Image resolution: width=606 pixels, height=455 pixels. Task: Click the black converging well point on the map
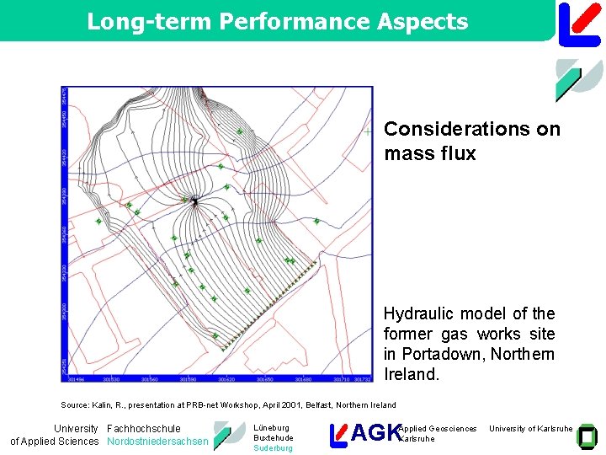[x=194, y=201]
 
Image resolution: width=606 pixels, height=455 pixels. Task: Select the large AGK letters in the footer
[x=375, y=433]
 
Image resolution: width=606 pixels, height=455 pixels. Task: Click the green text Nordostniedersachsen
[x=157, y=442]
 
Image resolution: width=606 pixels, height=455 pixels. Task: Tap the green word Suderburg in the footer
[x=274, y=448]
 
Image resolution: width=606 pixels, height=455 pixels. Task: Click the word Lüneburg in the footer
[x=271, y=428]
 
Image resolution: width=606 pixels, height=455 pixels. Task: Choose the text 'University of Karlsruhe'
[x=530, y=429]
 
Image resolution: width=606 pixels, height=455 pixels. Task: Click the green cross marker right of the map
[x=368, y=131]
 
